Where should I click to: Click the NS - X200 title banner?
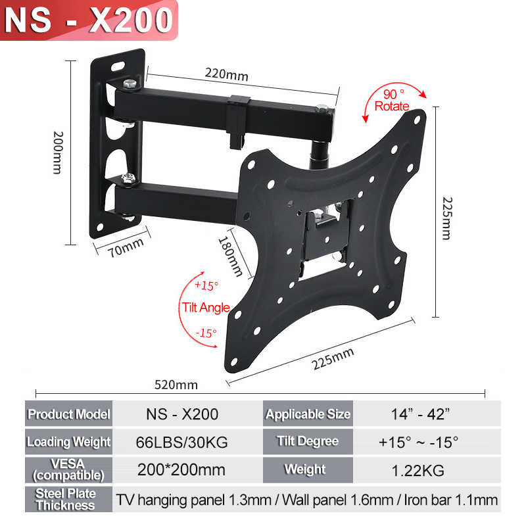click(89, 20)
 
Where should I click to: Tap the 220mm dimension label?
click(227, 74)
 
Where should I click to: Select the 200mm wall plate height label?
click(58, 153)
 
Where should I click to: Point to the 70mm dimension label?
click(126, 248)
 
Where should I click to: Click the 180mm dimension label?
click(231, 256)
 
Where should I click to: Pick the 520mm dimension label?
click(176, 385)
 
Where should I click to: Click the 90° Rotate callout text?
click(392, 100)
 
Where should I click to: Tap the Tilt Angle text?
click(206, 307)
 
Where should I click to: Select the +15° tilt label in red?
click(206, 285)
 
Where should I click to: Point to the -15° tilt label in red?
click(206, 333)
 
